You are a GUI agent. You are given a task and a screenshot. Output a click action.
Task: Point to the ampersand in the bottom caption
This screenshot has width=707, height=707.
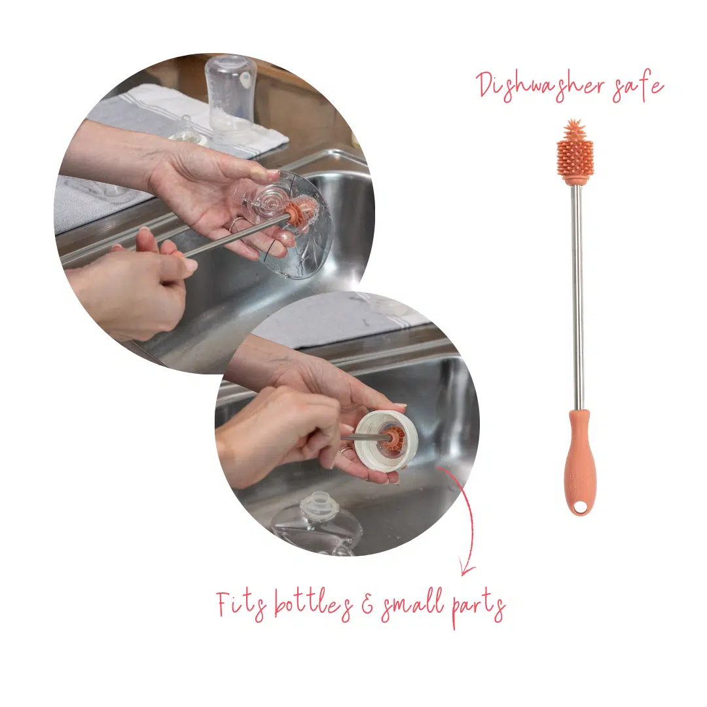367,606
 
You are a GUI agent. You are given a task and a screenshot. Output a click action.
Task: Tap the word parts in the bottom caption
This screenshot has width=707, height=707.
479,609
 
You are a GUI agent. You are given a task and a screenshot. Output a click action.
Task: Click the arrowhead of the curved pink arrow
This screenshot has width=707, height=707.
466,569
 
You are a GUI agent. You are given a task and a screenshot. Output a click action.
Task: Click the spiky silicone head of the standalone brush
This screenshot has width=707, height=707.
575,151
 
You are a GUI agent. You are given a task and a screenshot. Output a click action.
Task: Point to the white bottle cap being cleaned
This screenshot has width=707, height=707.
386,442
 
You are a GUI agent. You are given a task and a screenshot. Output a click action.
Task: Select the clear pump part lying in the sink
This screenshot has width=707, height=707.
316,523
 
